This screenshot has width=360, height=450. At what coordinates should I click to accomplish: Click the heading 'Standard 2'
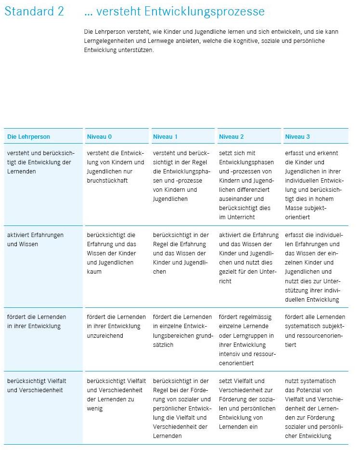coord(34,11)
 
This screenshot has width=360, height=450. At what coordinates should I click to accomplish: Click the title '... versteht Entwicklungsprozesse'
coord(174,11)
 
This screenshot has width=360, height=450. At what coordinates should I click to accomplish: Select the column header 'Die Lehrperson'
coord(28,137)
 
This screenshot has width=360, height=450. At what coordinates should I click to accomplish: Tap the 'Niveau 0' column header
coord(99,137)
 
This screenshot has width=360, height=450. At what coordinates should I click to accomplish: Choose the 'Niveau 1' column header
coord(165,137)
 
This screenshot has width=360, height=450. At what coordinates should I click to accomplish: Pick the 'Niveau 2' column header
coord(231,137)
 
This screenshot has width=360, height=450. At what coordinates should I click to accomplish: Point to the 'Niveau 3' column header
coord(297,137)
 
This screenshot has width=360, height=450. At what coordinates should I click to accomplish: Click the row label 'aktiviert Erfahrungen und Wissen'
coord(35,239)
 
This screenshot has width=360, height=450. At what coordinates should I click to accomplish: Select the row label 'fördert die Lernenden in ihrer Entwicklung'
coord(37,321)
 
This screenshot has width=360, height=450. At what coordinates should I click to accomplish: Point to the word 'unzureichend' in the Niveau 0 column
coord(105,335)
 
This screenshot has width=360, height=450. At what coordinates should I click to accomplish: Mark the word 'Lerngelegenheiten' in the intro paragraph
coord(106,41)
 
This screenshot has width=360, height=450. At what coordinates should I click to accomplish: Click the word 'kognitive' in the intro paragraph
coord(261,41)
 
